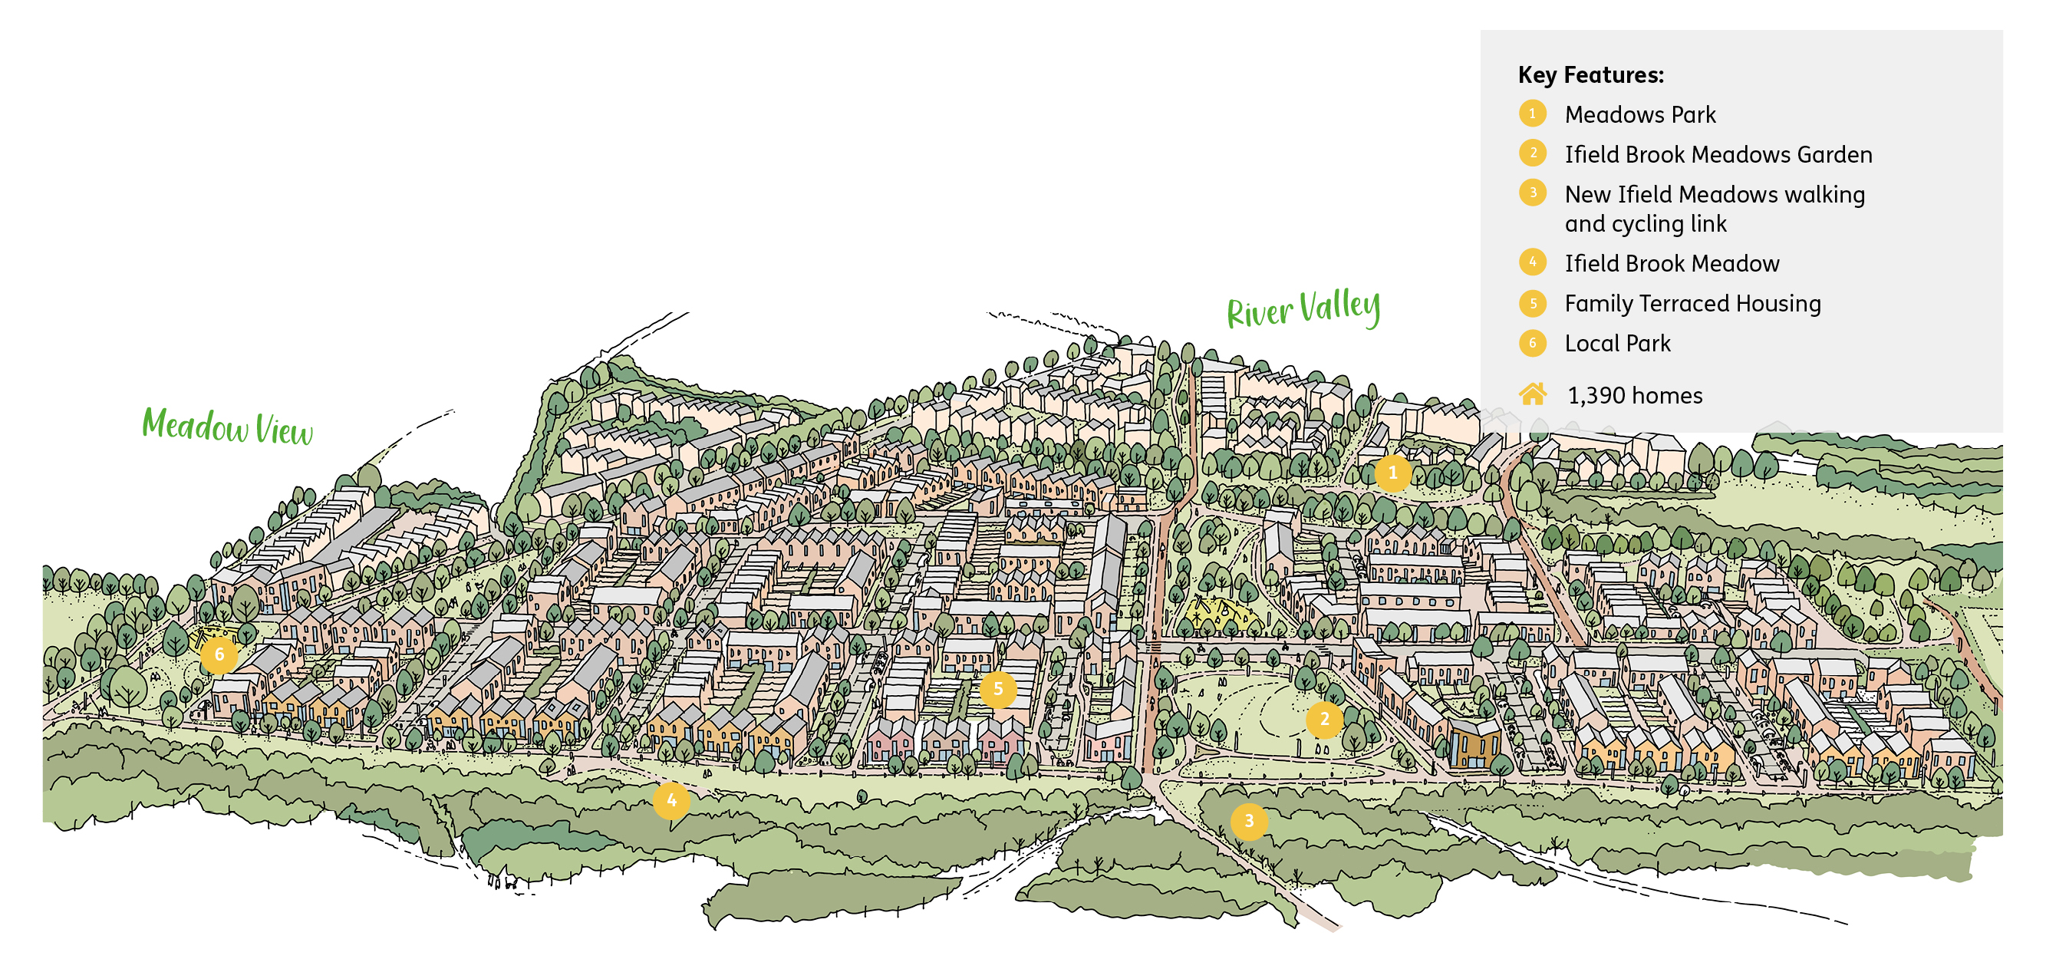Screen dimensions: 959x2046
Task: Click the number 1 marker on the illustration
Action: coord(1392,473)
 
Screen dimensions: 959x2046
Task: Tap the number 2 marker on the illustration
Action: coord(1324,720)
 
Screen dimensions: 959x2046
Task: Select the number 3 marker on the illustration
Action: coord(1249,821)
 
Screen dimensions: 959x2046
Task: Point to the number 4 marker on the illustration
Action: coord(671,800)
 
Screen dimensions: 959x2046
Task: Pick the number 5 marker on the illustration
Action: coord(997,690)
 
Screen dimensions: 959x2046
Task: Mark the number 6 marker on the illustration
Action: coord(219,655)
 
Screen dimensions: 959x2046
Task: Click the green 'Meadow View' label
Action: coord(227,427)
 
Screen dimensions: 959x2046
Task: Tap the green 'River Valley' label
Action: coord(1303,309)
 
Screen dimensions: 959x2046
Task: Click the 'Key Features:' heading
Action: coord(1590,74)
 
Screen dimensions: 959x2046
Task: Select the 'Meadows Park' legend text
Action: coord(1639,115)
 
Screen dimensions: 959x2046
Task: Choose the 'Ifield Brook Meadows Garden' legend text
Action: coord(1718,155)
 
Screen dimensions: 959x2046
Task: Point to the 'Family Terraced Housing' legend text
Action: coord(1692,304)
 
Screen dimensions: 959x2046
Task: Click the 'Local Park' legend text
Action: coord(1617,343)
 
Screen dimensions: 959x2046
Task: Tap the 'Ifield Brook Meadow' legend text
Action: coord(1671,264)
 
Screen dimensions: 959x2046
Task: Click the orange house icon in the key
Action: coord(1533,394)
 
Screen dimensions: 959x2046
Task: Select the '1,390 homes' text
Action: coord(1635,396)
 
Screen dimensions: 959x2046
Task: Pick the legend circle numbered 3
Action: coord(1533,193)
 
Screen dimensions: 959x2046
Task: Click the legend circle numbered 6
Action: coord(1533,343)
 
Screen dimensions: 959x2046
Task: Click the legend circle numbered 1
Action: coord(1533,114)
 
